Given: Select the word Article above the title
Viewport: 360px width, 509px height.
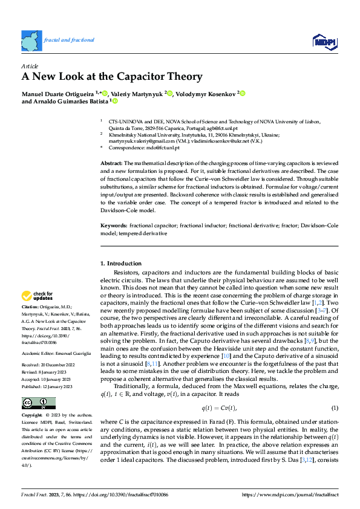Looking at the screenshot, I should coord(30,65).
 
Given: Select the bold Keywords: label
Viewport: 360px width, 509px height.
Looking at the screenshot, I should coord(114,225).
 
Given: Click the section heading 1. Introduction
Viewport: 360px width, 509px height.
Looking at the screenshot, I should coord(123,264).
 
